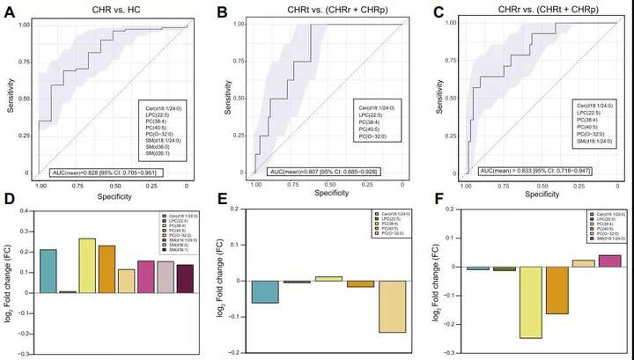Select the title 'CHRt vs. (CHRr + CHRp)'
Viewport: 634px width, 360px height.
pos(315,10)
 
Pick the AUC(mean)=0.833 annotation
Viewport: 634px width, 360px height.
pos(532,172)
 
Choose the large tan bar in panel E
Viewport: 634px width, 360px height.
pos(393,306)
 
